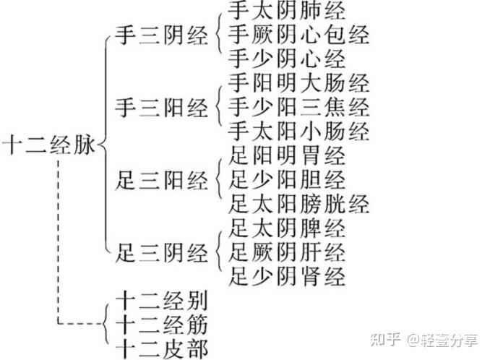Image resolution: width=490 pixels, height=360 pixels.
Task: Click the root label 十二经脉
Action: (x=48, y=144)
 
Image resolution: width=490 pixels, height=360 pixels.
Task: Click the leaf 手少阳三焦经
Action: (x=298, y=108)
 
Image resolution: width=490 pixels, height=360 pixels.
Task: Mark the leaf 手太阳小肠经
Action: (x=298, y=132)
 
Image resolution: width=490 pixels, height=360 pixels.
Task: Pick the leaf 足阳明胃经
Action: (x=286, y=155)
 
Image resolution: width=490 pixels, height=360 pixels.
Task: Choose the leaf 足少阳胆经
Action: (x=286, y=179)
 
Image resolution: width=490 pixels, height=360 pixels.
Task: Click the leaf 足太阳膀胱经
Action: (x=298, y=204)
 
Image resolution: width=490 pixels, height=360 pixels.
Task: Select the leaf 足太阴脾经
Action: (x=286, y=228)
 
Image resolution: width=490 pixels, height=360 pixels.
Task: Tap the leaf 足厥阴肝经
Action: (x=286, y=252)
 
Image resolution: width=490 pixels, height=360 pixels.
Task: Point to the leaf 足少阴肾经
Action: (x=286, y=276)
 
